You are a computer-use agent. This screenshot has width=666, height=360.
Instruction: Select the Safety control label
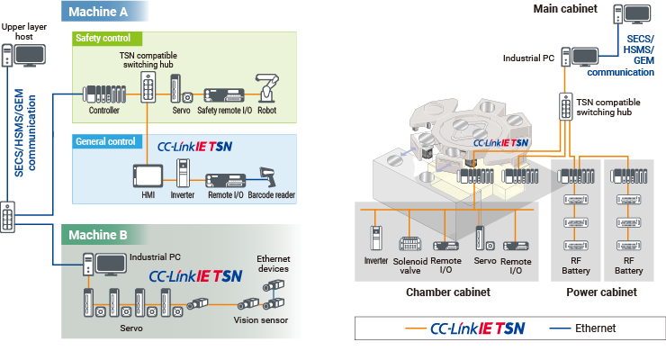103,39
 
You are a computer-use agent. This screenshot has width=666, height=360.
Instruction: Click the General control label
105,141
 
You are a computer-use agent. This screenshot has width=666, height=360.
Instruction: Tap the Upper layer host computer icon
25,58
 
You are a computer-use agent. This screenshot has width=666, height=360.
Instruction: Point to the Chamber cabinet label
448,292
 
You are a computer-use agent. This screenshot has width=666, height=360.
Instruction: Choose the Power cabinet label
601,292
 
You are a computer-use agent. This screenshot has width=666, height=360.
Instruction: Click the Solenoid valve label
409,265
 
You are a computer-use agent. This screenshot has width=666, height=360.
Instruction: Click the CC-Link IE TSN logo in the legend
476,328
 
